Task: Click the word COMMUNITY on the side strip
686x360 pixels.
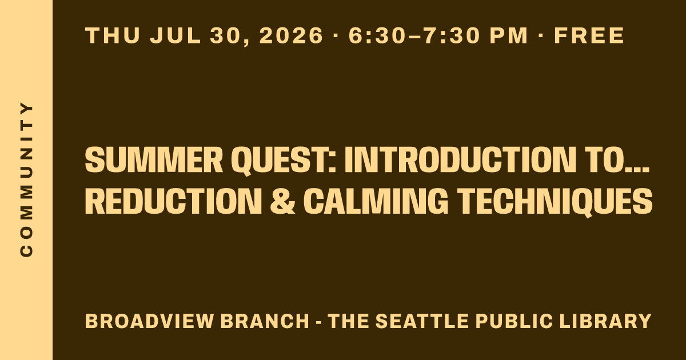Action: [26, 179]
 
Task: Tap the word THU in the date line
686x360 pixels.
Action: [113, 35]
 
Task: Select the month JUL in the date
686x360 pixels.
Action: [175, 35]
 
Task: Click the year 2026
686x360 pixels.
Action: [292, 35]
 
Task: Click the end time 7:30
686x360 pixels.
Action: [451, 35]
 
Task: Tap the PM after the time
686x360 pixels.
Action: [509, 35]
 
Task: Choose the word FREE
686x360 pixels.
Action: [589, 35]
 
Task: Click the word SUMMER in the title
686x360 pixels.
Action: [154, 159]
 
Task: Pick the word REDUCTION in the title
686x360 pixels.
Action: [173, 201]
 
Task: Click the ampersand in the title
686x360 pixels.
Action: [282, 201]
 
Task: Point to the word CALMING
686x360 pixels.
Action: [376, 201]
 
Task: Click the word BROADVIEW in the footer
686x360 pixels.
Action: [149, 321]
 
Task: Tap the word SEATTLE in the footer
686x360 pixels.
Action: [422, 321]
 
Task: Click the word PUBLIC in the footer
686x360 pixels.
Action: [514, 321]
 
